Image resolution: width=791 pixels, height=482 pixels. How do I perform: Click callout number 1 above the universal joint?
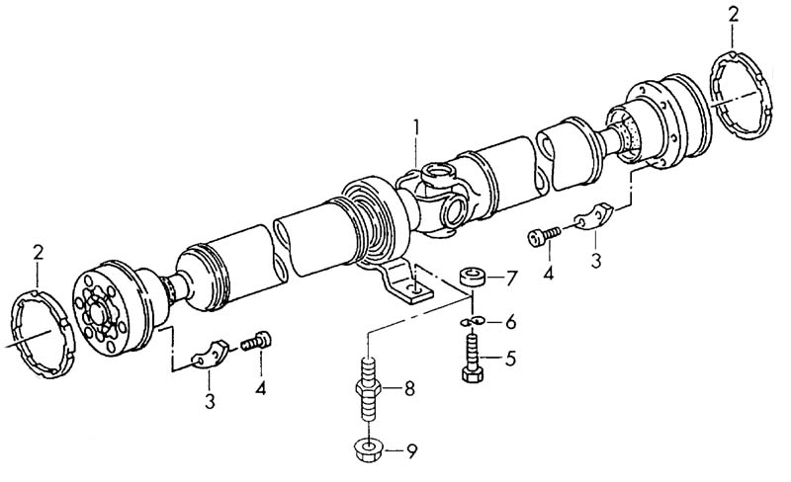point(416,128)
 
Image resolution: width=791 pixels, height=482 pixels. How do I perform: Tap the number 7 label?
point(511,278)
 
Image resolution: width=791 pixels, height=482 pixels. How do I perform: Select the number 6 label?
point(510,322)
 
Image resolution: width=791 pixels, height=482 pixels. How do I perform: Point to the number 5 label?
point(510,359)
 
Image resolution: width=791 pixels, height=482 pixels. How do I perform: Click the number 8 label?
point(408,388)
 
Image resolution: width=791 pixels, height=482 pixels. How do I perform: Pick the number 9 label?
point(412,451)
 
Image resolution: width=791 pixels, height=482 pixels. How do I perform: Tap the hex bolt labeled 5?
point(473,358)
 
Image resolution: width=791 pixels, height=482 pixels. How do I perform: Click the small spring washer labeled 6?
point(473,321)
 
